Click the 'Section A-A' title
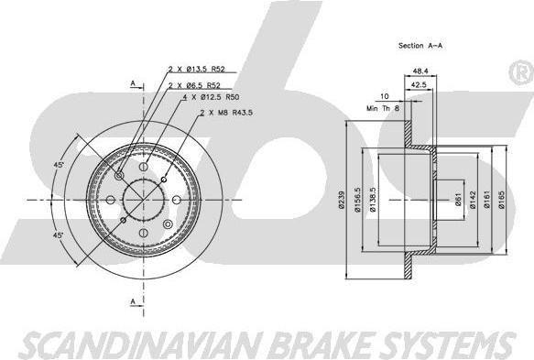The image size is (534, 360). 420,45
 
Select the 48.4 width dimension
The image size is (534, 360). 420,71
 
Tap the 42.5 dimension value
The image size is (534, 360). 419,85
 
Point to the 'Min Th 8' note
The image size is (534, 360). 383,108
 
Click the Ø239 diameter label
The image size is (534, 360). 342,200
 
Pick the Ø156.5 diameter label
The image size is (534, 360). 357,200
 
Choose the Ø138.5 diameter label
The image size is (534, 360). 373,200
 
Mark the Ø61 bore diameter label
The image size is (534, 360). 458,200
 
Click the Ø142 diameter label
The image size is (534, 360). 473,200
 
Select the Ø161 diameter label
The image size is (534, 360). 487,200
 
